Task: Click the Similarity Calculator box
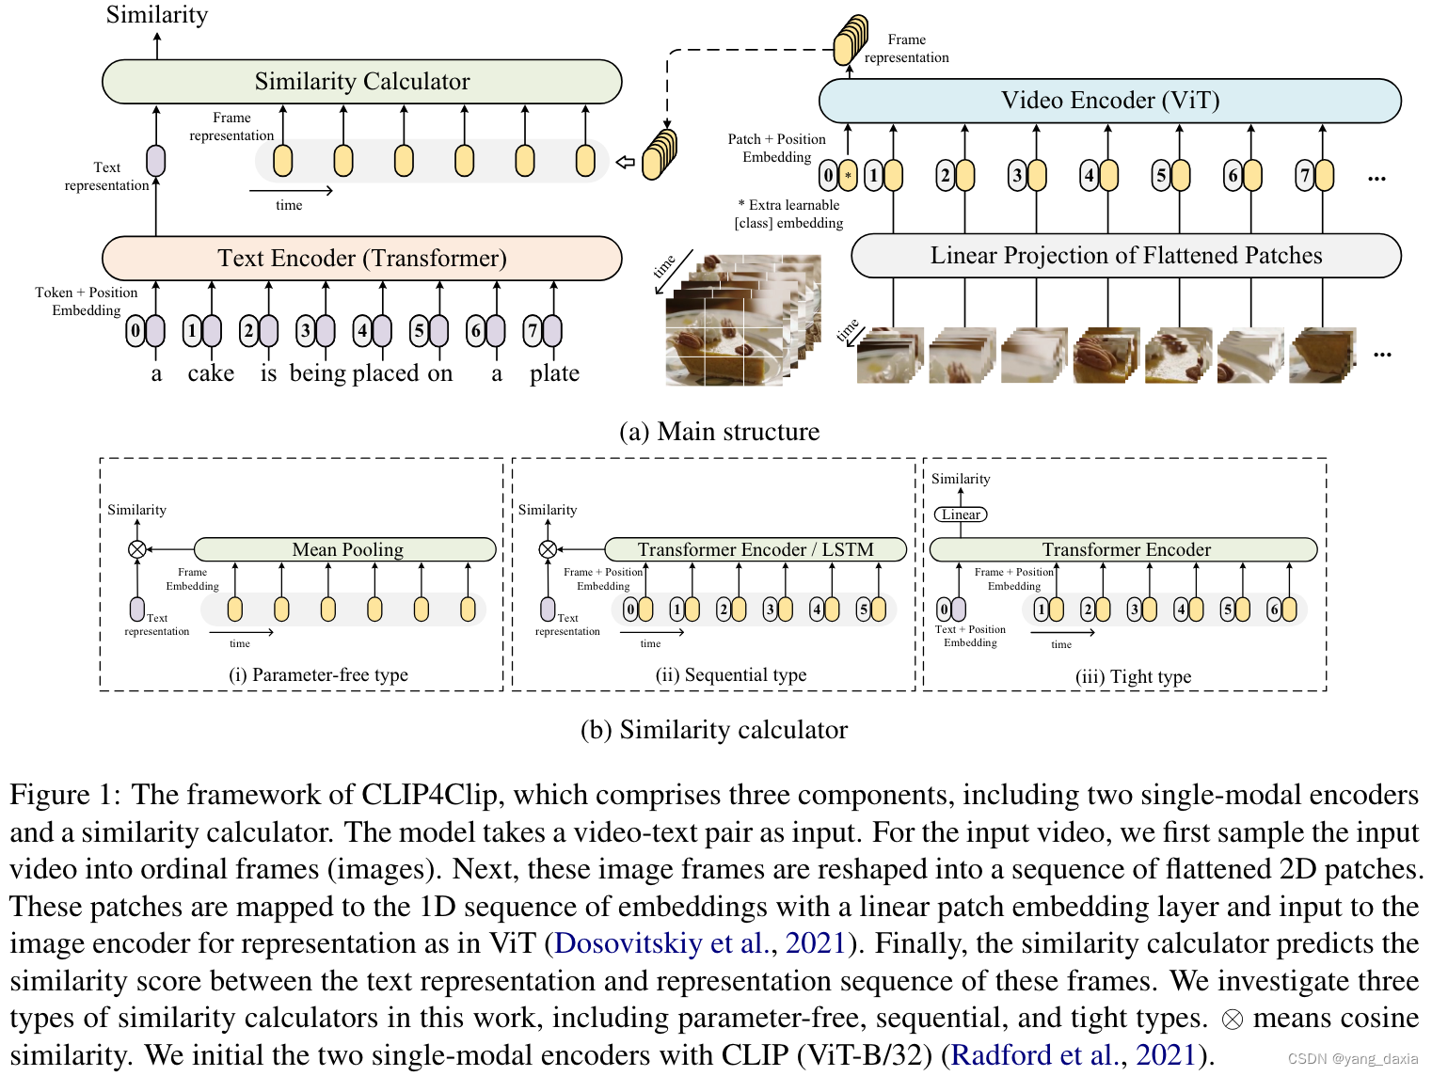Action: [x=361, y=82]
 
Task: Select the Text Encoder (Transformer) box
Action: [x=361, y=259]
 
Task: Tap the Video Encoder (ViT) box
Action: [x=1109, y=101]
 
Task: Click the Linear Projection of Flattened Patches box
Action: [x=1125, y=256]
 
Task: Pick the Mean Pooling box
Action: [x=346, y=549]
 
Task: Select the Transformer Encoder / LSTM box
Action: [x=755, y=549]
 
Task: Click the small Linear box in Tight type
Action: [x=961, y=514]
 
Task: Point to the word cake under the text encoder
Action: [x=211, y=373]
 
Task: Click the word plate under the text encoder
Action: [x=554, y=373]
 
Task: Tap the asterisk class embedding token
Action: [x=848, y=175]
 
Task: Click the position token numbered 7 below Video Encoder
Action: [x=1304, y=176]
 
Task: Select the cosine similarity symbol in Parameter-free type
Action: [x=137, y=549]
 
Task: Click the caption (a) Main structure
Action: [x=719, y=432]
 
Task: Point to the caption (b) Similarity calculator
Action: [x=714, y=730]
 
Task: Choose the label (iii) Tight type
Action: [x=1133, y=676]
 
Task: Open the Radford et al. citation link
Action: [x=1033, y=1055]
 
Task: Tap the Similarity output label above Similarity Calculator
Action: [x=157, y=15]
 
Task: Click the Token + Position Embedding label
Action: [x=87, y=301]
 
